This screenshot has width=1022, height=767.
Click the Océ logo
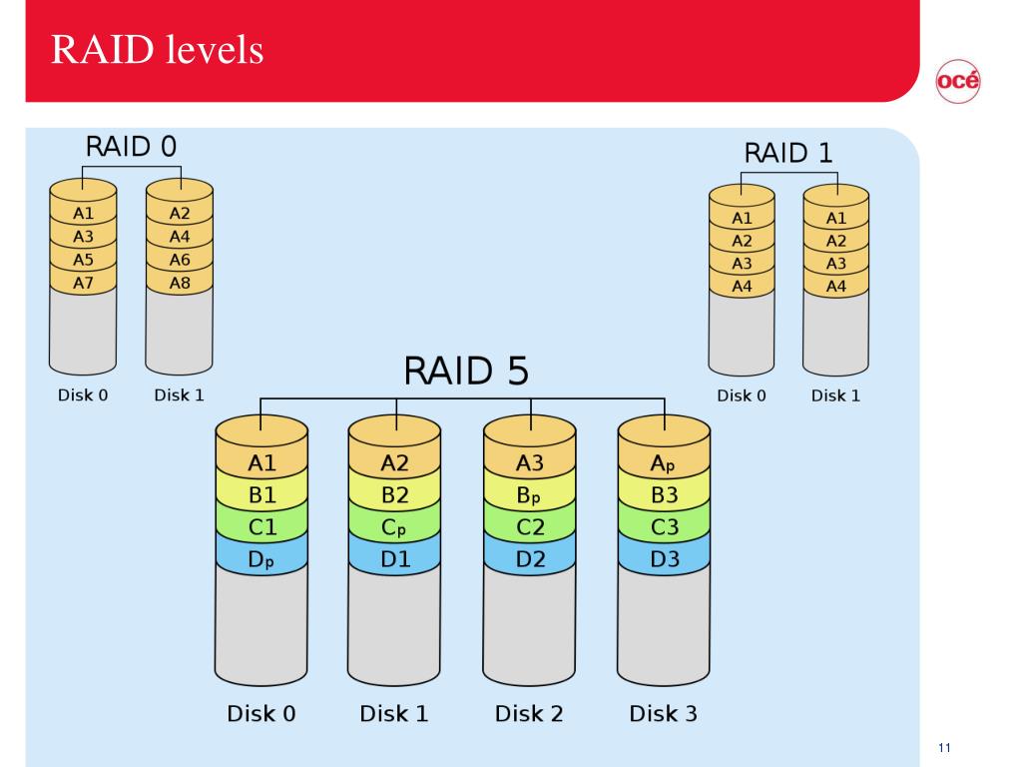[x=957, y=81]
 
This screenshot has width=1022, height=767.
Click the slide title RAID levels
[x=157, y=50]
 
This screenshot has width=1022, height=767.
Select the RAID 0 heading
[x=131, y=146]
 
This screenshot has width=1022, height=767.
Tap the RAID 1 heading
[x=788, y=153]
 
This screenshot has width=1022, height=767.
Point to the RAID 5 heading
[x=466, y=371]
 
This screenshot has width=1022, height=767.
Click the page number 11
[x=944, y=747]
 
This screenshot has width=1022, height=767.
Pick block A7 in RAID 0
[x=83, y=283]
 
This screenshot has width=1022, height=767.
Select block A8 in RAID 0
[x=180, y=283]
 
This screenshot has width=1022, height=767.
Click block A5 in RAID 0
[x=83, y=260]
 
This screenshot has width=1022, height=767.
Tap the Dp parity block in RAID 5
[x=260, y=559]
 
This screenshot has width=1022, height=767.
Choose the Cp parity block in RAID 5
[x=393, y=527]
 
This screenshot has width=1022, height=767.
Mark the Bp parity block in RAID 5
[x=529, y=495]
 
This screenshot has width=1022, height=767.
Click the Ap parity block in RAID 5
[x=663, y=463]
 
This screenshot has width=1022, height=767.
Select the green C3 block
[x=664, y=527]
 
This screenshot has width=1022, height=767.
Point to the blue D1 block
[x=394, y=559]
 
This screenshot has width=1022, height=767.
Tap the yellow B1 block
[x=261, y=495]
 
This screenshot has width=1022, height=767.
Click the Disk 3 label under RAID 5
[x=663, y=713]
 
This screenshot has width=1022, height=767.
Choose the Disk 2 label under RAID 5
[x=529, y=713]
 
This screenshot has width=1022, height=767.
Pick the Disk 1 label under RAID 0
[x=179, y=395]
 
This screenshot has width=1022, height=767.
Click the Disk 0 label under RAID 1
[x=742, y=395]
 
